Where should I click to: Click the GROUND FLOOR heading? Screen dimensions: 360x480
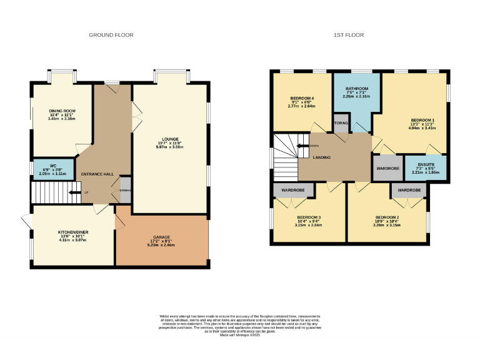point(111,35)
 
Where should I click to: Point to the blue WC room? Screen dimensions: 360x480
point(53,169)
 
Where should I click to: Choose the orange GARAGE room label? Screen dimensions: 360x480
point(161,237)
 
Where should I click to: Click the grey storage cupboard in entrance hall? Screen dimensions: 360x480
point(125,191)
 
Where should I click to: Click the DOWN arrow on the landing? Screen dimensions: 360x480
point(305,146)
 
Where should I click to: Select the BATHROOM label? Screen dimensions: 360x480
point(357,89)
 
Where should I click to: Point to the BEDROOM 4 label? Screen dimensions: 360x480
point(302,99)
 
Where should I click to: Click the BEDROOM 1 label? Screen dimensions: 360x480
point(422,119)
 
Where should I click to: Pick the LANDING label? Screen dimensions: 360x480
point(322,157)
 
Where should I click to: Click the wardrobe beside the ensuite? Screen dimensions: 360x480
point(387,169)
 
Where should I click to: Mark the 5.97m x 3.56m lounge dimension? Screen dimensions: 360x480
point(170,148)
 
